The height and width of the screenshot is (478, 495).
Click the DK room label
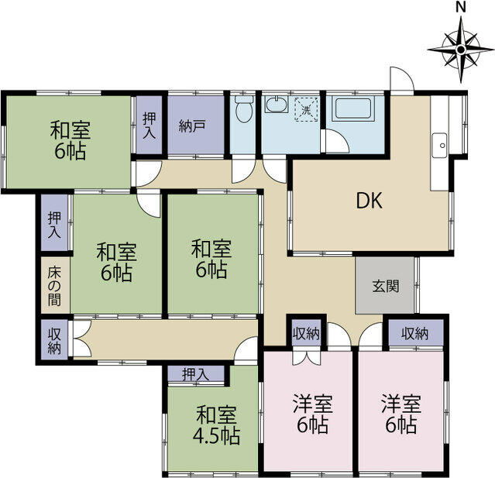(x=370, y=201)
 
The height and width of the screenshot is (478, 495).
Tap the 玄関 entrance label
(x=386, y=287)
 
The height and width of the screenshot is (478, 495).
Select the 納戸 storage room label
(x=193, y=126)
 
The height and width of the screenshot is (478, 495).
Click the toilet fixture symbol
(x=244, y=109)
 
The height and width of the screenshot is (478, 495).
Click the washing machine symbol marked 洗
(x=306, y=109)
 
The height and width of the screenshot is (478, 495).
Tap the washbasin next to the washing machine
(x=277, y=105)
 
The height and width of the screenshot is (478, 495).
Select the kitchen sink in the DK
(x=439, y=146)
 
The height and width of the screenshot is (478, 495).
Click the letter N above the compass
(x=461, y=8)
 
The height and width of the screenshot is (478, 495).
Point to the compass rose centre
(x=461, y=50)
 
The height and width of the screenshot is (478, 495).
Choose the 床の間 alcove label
(x=54, y=287)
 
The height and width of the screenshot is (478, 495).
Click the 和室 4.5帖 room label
(x=217, y=425)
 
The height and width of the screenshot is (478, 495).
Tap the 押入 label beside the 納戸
(x=149, y=126)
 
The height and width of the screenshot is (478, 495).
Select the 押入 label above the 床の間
(x=54, y=225)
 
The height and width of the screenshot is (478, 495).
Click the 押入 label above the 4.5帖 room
(x=196, y=374)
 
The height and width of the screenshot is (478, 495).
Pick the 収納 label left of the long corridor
(x=54, y=341)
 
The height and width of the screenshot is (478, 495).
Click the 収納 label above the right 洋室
(x=414, y=333)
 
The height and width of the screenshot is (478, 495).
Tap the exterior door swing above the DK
(x=401, y=79)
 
